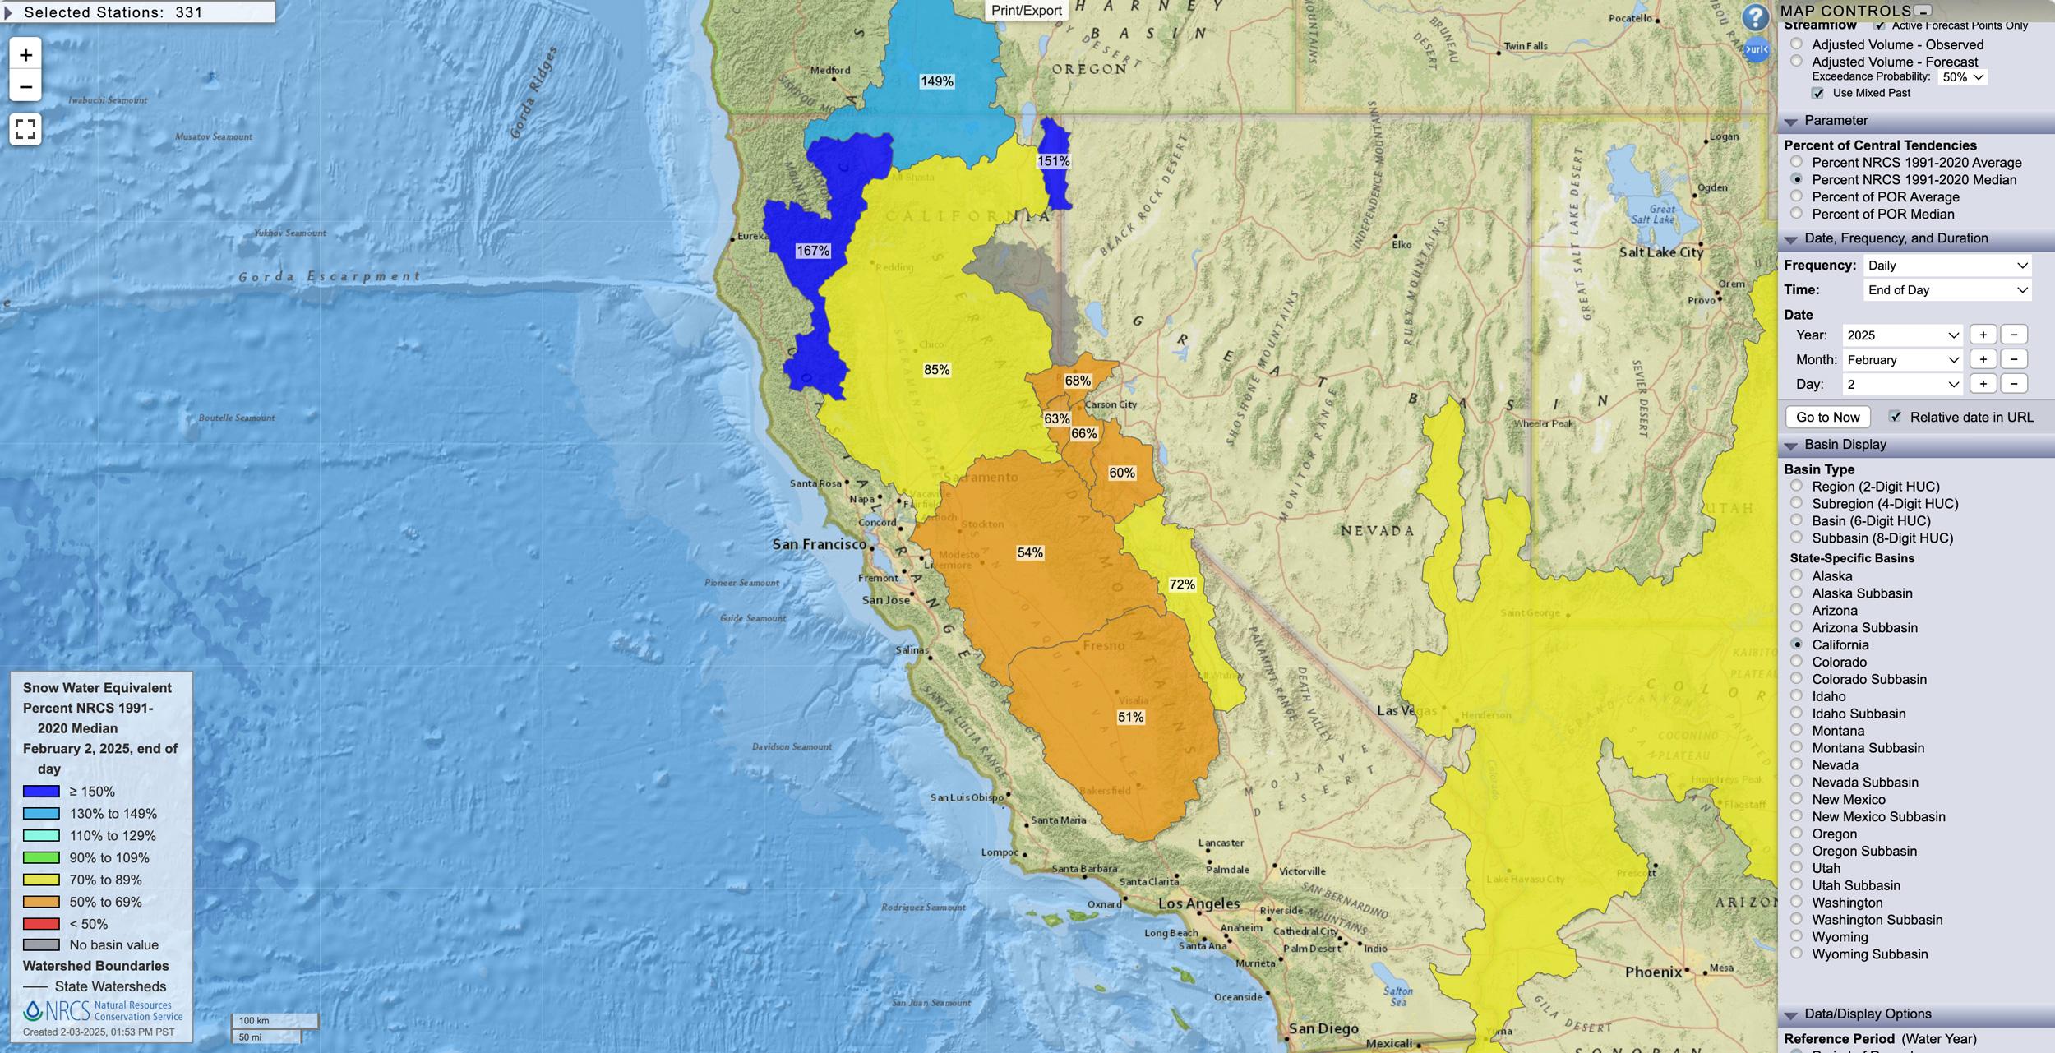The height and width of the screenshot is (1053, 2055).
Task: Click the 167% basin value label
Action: (813, 251)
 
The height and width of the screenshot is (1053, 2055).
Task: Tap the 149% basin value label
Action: (937, 81)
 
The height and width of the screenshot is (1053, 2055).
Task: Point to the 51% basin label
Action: (1130, 717)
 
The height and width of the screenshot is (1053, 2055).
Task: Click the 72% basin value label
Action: (1182, 584)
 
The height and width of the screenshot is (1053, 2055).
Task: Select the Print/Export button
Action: (1026, 11)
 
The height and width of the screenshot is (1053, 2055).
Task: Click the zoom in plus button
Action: (25, 55)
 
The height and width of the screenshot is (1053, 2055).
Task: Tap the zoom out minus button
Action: (25, 86)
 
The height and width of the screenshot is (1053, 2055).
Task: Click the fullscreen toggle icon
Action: (25, 129)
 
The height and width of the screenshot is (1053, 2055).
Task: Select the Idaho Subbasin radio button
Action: (1797, 714)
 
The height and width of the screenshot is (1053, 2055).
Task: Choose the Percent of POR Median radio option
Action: (1797, 214)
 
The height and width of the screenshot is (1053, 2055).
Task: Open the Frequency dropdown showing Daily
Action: (1947, 266)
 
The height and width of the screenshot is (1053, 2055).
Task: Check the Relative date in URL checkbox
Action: (1896, 417)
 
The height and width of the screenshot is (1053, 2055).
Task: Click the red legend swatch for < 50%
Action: (41, 924)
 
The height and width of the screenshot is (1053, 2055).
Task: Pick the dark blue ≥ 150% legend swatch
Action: (41, 792)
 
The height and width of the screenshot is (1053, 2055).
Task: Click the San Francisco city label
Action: (819, 544)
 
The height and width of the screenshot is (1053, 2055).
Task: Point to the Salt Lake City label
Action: (1660, 252)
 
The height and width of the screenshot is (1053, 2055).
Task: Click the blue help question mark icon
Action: (1755, 17)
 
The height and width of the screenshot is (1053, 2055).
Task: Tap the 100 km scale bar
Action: (275, 1021)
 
